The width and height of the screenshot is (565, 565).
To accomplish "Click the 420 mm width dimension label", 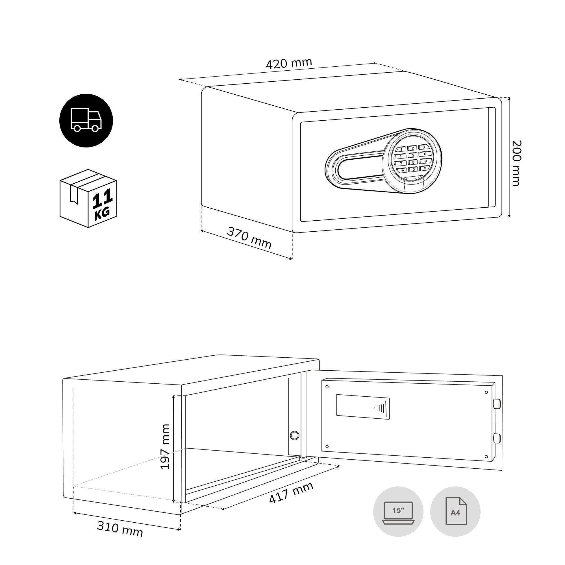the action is (289, 64).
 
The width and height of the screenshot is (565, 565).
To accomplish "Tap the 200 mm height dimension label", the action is (517, 163).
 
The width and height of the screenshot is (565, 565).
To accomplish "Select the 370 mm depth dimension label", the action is (249, 238).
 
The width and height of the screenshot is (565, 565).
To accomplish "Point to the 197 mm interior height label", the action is (166, 447).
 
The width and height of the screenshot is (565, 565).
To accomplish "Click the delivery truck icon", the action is (86, 121).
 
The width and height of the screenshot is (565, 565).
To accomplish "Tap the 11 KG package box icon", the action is (88, 198).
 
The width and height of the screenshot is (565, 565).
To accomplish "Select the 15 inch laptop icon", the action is (398, 512).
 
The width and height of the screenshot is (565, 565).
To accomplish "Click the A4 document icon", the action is (455, 512).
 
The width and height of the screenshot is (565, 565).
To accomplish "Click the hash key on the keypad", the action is (425, 168).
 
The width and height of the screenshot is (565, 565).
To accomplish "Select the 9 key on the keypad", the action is (425, 161).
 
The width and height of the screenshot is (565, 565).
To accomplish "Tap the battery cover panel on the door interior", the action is (363, 407).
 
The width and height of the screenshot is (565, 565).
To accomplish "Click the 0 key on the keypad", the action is (413, 169).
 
